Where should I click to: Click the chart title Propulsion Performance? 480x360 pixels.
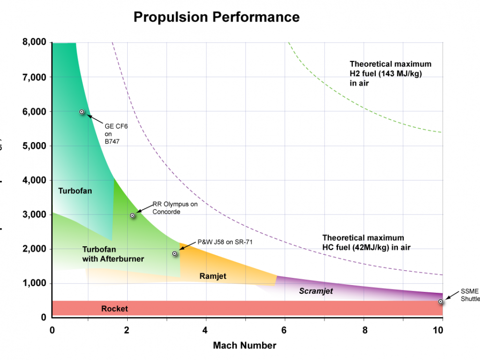(x=216, y=17)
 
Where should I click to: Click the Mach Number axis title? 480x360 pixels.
(x=244, y=346)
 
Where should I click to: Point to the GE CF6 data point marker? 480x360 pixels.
(x=82, y=112)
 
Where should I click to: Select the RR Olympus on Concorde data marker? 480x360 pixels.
(x=132, y=216)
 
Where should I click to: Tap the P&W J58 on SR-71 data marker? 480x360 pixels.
(x=175, y=253)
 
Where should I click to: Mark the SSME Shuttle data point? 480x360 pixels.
(x=441, y=301)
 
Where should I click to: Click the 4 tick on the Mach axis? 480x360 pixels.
(x=205, y=330)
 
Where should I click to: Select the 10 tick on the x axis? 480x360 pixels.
(x=438, y=330)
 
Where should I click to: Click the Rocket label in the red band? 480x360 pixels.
(x=115, y=309)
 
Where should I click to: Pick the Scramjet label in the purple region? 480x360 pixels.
(x=316, y=291)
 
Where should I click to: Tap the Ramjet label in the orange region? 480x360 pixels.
(x=213, y=276)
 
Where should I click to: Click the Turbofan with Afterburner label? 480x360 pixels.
(x=113, y=254)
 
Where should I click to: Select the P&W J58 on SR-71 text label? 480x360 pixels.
(x=225, y=242)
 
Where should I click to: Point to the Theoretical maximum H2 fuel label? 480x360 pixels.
(x=390, y=73)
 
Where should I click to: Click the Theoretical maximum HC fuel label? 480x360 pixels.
(x=366, y=242)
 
